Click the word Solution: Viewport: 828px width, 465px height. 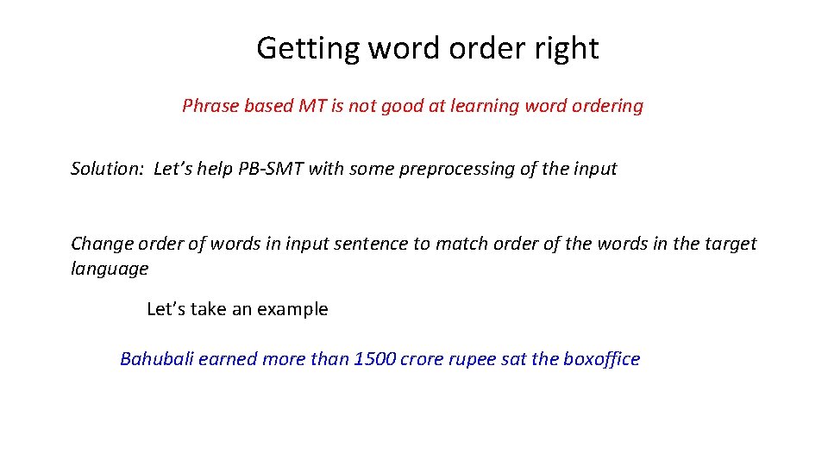click(x=107, y=169)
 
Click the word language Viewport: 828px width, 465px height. click(x=110, y=269)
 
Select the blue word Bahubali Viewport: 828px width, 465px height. click(x=157, y=359)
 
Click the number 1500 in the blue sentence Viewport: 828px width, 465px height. click(x=373, y=359)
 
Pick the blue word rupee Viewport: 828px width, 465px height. click(x=472, y=359)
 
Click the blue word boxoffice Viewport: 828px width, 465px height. click(x=601, y=359)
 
